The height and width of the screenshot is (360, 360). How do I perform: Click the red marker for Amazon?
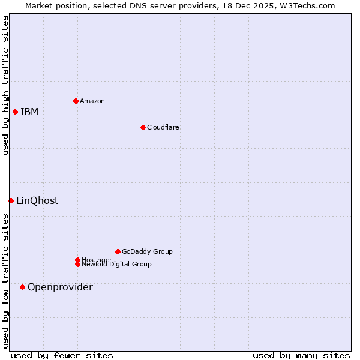[x=76, y=101]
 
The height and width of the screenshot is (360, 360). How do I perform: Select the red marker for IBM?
[x=15, y=112]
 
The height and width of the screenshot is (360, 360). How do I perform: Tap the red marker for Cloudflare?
[x=143, y=127]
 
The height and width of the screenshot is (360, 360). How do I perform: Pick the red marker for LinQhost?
[x=11, y=200]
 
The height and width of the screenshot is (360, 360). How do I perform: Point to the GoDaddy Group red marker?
[x=118, y=251]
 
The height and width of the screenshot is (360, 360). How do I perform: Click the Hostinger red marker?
[x=77, y=260]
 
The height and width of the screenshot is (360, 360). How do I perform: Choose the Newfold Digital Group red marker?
[x=77, y=264]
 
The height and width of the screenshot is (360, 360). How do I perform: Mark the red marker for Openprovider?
[x=22, y=287]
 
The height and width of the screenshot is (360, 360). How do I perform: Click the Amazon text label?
[x=92, y=101]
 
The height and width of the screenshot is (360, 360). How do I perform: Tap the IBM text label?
[x=29, y=112]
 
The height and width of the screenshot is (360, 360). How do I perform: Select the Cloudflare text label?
[x=163, y=127]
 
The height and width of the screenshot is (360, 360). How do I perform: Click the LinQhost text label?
[x=37, y=200]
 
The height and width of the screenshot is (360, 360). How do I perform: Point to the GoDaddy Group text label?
[x=147, y=251]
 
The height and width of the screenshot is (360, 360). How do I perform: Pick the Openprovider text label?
[x=60, y=287]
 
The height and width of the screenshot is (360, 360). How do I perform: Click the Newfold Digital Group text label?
[x=116, y=264]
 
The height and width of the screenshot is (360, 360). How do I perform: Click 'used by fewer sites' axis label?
[x=62, y=355]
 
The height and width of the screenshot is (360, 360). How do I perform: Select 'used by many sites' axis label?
[x=301, y=355]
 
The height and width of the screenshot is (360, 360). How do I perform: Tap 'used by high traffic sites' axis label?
[x=5, y=85]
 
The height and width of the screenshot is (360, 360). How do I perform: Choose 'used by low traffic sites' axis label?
[x=5, y=281]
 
